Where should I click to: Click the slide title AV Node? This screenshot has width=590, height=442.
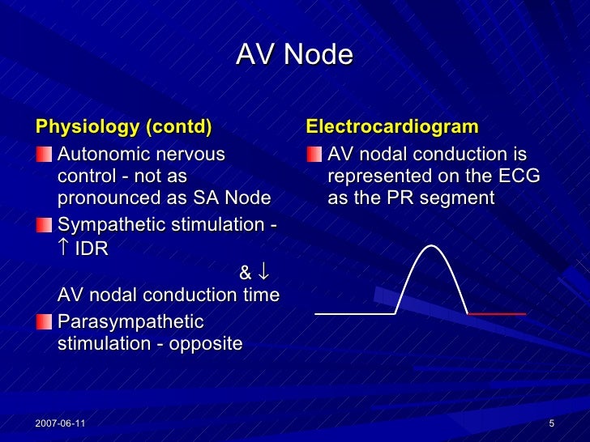click(294, 55)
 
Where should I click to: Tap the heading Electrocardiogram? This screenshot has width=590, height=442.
click(391, 127)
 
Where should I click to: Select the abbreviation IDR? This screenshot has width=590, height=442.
click(91, 249)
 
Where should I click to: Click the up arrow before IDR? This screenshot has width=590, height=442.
click(65, 248)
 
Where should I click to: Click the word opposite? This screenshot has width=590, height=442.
click(206, 343)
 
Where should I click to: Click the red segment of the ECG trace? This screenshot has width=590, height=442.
click(497, 313)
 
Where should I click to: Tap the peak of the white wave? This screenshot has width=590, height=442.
click(432, 245)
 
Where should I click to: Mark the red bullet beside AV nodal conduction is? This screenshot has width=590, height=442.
click(313, 154)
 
